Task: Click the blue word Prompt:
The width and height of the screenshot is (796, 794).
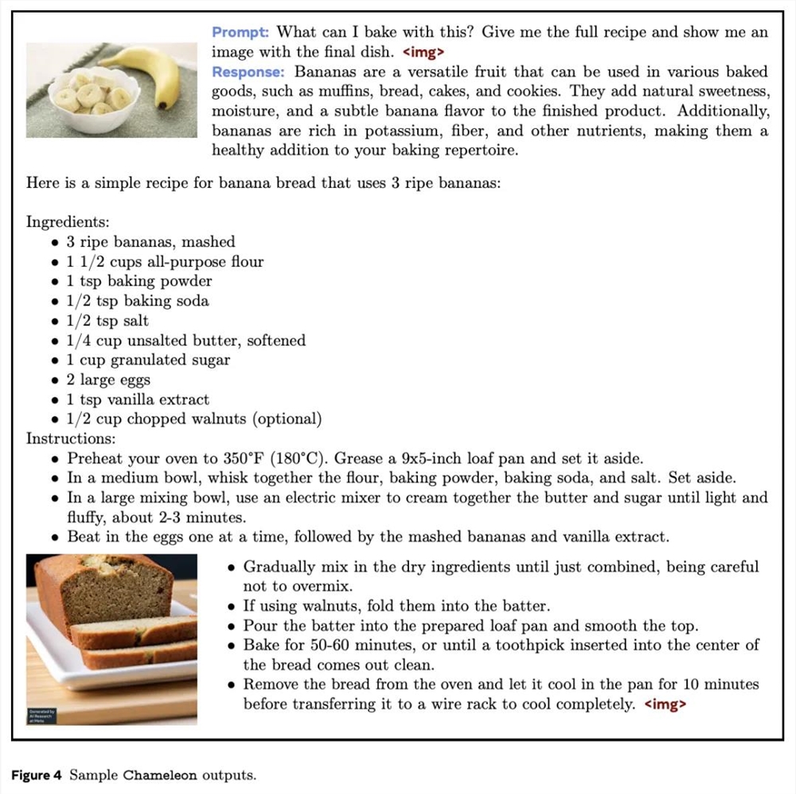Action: coord(240,33)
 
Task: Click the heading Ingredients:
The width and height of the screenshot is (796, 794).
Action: coord(68,221)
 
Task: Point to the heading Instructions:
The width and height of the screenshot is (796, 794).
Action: coord(71,439)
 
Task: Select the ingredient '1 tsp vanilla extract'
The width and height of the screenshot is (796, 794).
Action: coord(138,400)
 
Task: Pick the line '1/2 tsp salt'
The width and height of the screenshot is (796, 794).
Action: coord(107,321)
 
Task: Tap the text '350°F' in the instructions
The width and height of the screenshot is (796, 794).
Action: coord(242,459)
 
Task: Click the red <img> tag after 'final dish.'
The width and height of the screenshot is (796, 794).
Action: coord(423,53)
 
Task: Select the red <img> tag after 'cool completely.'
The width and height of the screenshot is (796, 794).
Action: coord(665,704)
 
